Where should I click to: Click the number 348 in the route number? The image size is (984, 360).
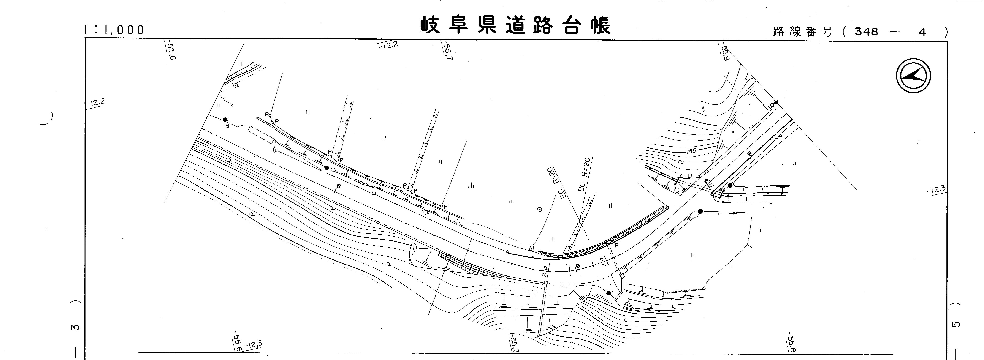pos(866,32)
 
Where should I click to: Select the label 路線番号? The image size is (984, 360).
pos(802,32)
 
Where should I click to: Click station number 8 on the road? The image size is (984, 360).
pos(339,187)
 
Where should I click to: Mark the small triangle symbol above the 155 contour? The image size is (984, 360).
pos(703,109)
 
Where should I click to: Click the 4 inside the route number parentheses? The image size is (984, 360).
pos(922,32)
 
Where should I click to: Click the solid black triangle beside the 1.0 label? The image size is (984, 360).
pos(776,102)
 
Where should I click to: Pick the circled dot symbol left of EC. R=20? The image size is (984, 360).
pos(539,209)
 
